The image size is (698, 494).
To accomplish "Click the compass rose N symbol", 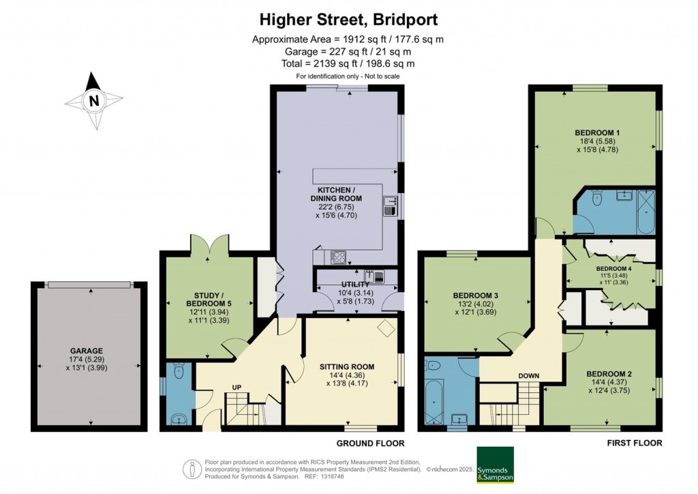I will [94, 102].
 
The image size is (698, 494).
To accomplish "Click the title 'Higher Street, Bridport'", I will [348, 18].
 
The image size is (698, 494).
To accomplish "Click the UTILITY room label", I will [355, 284].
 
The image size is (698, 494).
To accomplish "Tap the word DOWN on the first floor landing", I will [510, 375].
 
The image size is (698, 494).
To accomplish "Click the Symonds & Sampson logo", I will [495, 465].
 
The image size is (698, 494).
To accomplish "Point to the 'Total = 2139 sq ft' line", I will [348, 63].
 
